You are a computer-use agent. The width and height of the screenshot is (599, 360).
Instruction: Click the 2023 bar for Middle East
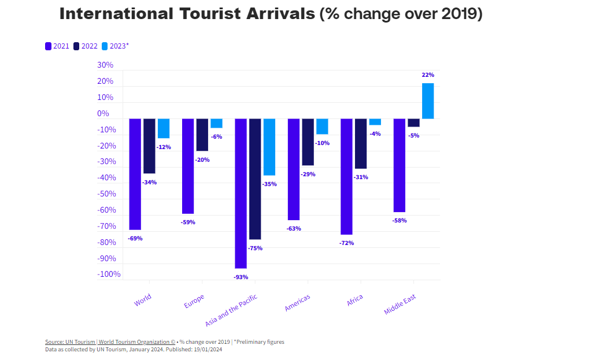[x=427, y=101]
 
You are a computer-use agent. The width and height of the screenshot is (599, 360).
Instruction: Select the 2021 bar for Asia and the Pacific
[x=241, y=194]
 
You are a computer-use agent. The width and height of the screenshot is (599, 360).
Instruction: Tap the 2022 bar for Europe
[x=202, y=135]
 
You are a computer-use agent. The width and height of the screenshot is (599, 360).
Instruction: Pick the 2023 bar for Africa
[x=375, y=122]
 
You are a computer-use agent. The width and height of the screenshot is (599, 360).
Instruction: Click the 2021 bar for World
[x=135, y=174]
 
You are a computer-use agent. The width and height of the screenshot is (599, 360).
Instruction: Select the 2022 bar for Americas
[x=308, y=142]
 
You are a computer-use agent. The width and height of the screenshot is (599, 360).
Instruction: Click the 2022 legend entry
[x=86, y=46]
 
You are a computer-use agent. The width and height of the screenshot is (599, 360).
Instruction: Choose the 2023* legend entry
[x=115, y=46]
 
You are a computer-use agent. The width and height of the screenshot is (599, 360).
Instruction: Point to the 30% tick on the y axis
[x=105, y=65]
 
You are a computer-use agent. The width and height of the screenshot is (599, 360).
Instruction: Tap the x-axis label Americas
[x=297, y=303]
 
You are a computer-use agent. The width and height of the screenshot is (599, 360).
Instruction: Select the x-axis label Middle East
[x=400, y=305]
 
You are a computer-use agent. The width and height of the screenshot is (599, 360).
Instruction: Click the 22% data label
[x=428, y=75]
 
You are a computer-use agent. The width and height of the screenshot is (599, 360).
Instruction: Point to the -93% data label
[x=241, y=277]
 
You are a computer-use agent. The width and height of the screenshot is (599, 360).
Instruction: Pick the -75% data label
[x=255, y=248]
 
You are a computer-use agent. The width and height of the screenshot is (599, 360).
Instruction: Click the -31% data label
[x=361, y=177]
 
